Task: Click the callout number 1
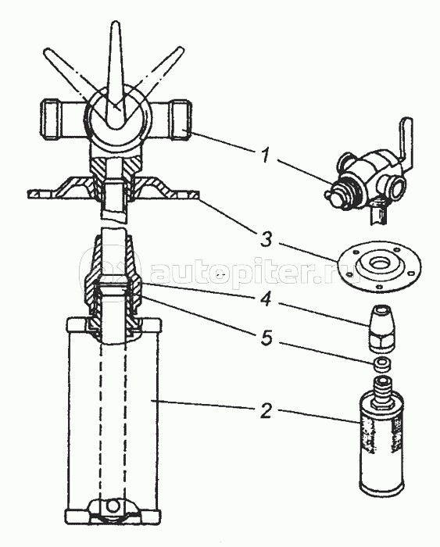266,155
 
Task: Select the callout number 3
267,240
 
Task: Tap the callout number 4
267,299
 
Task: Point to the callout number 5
267,338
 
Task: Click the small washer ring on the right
381,365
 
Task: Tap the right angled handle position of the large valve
159,73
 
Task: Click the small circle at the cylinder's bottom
113,506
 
